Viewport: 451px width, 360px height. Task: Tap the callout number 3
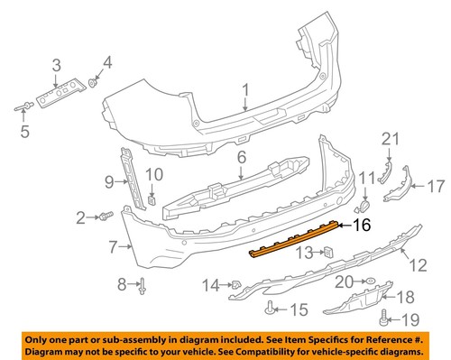(x=56, y=64)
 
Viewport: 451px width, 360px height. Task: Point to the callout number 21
(x=390, y=137)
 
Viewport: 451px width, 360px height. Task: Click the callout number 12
(x=418, y=266)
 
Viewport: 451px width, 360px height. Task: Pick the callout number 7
(x=114, y=245)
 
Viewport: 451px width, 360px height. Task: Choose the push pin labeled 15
(x=272, y=308)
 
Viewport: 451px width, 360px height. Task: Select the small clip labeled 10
(x=152, y=199)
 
